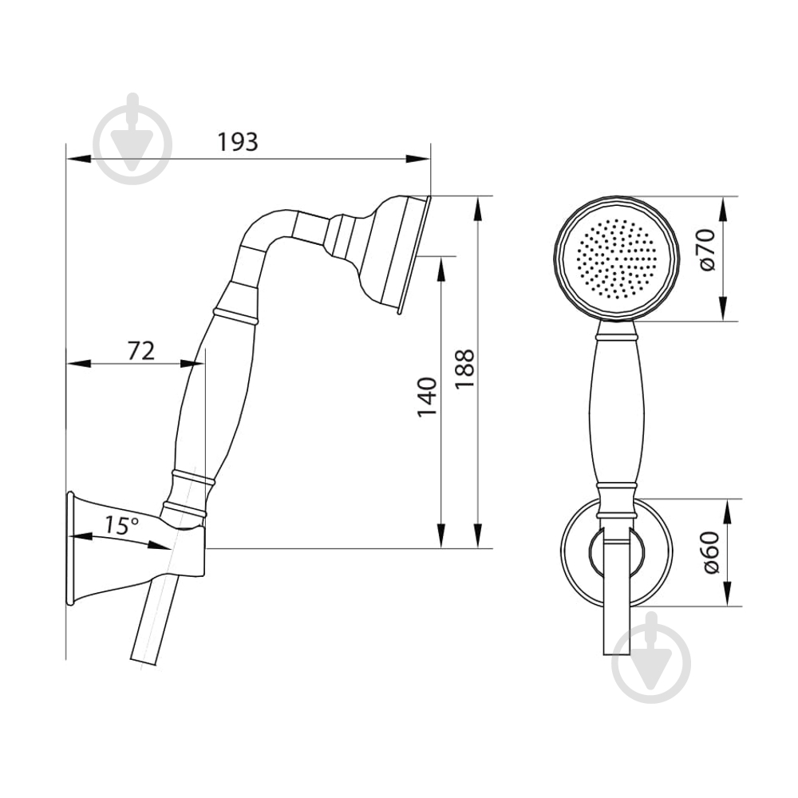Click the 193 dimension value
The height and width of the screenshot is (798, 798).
(238, 142)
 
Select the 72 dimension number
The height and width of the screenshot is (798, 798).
(141, 351)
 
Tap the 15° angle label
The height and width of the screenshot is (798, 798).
(121, 525)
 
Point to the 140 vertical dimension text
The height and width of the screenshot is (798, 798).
(427, 397)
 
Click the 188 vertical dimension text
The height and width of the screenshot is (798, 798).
(464, 369)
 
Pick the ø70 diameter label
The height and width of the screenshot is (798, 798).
(708, 250)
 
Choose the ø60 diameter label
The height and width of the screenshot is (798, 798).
(711, 552)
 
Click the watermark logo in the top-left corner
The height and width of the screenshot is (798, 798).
(132, 138)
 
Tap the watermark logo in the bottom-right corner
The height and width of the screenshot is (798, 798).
(651, 658)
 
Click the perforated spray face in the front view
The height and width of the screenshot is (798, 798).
(616, 258)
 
